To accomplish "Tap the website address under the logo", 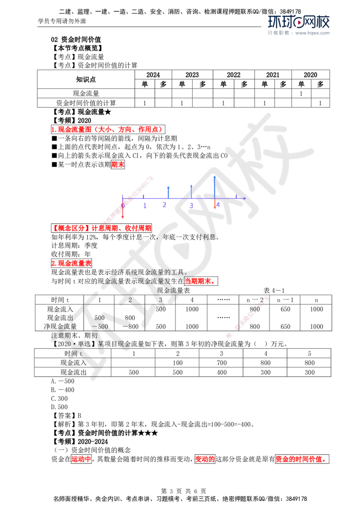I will pos(313,33).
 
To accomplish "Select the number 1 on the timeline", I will pos(145,205).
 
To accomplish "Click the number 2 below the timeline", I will pos(165,205).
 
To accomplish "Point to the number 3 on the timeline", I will pos(191,205).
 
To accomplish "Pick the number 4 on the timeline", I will pos(217,205).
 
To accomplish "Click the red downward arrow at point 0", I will pos(122,211).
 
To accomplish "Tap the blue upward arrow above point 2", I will pos(167,191).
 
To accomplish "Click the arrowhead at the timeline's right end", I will pos(244,198).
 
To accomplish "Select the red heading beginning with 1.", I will pos(107,129).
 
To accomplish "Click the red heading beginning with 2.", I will pos(72,263).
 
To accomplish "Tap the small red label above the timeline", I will pos(118,165).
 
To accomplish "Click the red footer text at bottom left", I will pos(81,459).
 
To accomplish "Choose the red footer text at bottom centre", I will pos(204,459).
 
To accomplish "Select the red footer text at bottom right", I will pos(300,459).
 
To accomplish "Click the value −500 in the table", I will pos(100,326).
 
